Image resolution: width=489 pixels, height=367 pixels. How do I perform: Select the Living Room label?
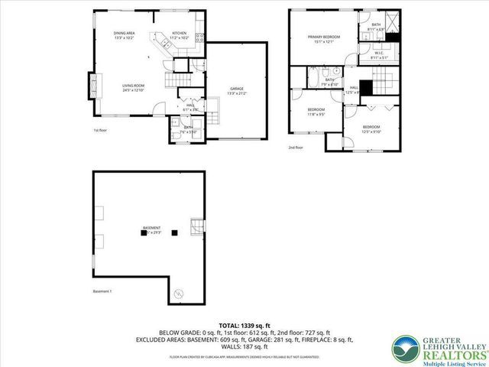(134, 88)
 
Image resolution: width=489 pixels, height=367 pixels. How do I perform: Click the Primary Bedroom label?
(324, 39)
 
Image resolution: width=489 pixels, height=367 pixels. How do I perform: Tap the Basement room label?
(153, 229)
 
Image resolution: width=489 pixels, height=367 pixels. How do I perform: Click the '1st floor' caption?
(100, 130)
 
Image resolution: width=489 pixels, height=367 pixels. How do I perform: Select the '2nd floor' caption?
(296, 147)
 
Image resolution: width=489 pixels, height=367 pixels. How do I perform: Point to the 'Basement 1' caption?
(102, 292)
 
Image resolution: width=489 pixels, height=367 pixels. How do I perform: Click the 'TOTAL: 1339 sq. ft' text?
(244, 326)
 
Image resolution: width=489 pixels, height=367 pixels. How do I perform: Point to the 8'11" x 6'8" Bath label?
(376, 28)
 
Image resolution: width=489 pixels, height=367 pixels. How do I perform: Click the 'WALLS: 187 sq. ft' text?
(244, 345)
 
